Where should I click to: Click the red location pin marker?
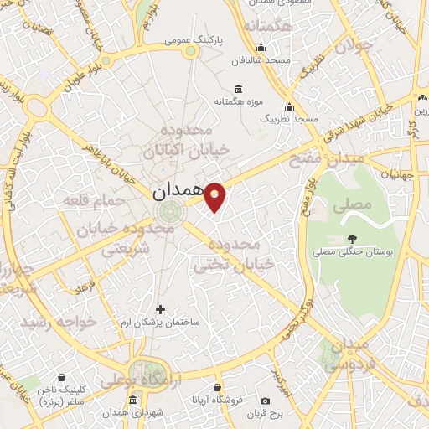tap(216, 196)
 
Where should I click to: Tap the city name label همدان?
tap(178, 192)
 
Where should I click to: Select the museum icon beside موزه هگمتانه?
tap(239, 89)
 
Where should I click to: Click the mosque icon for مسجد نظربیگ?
tap(290, 106)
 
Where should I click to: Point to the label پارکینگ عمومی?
tap(193, 39)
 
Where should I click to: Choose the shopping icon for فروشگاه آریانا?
tap(218, 388)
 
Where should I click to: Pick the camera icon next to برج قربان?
tap(265, 401)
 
